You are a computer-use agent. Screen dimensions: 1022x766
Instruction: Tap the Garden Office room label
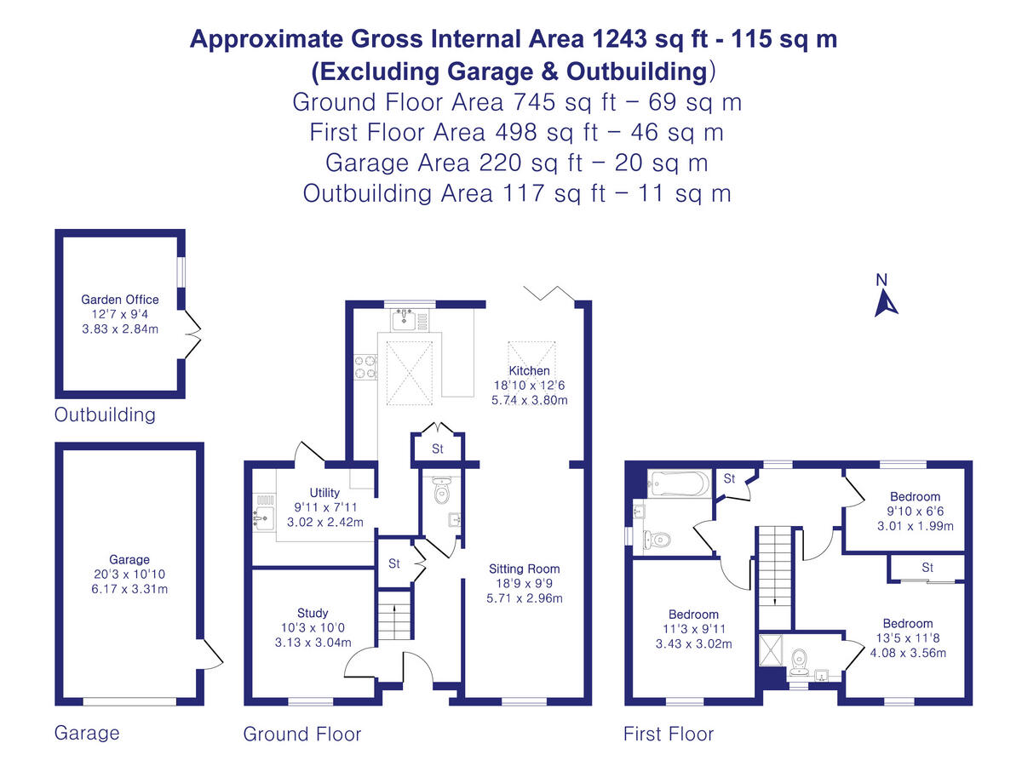pos(120,300)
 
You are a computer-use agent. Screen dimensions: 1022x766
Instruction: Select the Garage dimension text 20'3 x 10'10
pos(129,574)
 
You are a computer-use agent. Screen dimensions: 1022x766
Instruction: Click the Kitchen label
pos(529,371)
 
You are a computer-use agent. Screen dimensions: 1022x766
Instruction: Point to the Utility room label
pos(324,493)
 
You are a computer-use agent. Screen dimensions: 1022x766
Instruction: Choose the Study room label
pos(313,613)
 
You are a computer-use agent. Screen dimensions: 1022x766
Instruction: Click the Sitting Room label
pos(525,569)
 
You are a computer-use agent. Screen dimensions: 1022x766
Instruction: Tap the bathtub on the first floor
pos(679,483)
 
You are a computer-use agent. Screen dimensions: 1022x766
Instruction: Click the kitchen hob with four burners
pos(365,367)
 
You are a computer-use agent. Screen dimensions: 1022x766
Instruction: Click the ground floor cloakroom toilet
pos(441,490)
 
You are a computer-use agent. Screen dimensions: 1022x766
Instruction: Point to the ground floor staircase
pos(394,615)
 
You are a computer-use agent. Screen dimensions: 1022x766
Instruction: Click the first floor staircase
pos(775,578)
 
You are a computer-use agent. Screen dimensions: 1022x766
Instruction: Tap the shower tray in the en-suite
pos(771,649)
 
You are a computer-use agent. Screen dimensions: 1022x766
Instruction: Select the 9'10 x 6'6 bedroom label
pos(915,512)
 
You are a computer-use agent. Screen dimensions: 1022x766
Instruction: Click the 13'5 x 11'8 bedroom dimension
pos(908,637)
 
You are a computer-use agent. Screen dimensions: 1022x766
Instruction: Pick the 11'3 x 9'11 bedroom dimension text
pos(694,629)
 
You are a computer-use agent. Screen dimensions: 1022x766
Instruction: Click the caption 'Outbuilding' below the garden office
pos(105,414)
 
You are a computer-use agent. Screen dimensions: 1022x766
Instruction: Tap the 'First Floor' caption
pos(669,734)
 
